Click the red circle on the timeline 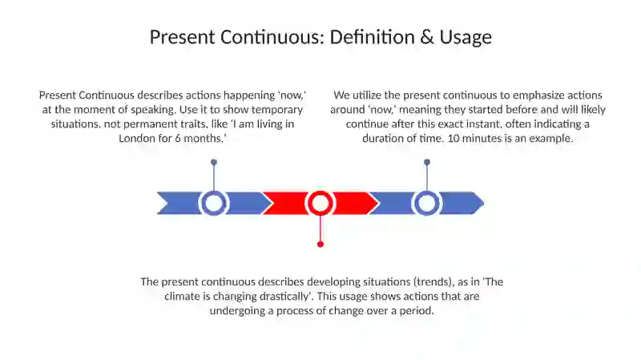pos(320,203)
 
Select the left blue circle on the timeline pos(214,203)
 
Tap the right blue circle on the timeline pos(427,203)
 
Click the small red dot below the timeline pos(320,244)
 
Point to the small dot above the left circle pos(214,162)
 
